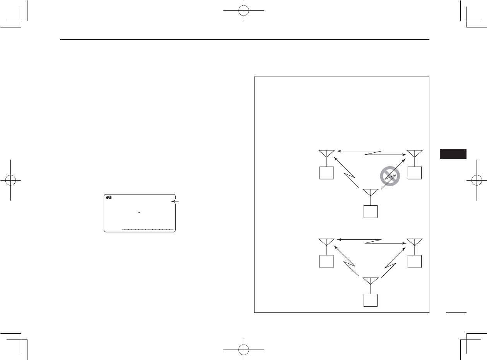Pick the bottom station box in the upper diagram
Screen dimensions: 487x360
click(x=370, y=212)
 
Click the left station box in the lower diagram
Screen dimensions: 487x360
click(x=326, y=262)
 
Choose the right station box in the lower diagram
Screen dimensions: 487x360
click(x=414, y=262)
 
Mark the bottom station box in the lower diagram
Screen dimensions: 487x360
click(x=370, y=300)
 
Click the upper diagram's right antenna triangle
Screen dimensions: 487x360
click(x=414, y=153)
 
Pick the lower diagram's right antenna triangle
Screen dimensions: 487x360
click(x=414, y=242)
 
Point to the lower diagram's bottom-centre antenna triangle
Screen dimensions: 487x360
click(x=370, y=281)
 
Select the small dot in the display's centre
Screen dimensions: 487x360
click(x=139, y=212)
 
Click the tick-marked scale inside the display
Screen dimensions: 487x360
click(x=147, y=229)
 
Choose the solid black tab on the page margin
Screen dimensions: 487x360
click(x=453, y=153)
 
